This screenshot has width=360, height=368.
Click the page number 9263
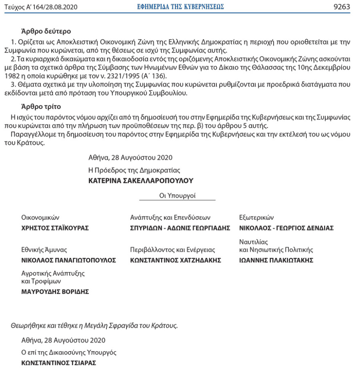[342, 7]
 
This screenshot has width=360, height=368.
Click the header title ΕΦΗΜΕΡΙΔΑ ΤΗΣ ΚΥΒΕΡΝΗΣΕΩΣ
[180, 7]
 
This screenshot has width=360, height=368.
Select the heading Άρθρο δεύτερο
[46, 31]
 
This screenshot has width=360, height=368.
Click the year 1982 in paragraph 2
[12, 76]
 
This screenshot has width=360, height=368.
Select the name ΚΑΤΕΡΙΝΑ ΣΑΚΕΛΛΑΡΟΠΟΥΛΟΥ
[141, 180]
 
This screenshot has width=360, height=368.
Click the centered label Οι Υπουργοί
[177, 195]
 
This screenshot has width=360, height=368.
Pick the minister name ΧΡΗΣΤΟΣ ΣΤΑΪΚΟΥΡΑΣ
[55, 228]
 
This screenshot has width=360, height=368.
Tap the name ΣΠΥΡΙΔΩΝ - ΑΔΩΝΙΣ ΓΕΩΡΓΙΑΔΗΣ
[180, 228]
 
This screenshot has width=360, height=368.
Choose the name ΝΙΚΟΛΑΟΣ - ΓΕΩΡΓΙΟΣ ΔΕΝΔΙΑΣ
[286, 228]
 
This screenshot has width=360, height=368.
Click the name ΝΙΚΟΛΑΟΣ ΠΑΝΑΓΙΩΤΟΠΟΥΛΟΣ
[68, 260]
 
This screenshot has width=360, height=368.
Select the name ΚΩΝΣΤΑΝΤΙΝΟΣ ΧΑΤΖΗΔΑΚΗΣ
[175, 260]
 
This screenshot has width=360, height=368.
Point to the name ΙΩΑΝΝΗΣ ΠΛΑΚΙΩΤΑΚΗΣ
[276, 260]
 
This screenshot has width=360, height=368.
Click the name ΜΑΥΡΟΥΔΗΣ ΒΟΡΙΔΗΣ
[55, 292]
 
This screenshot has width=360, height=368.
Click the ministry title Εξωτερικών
[256, 218]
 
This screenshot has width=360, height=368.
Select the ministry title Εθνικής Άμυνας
[44, 249]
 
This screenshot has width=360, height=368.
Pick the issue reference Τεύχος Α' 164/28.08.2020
[40, 7]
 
